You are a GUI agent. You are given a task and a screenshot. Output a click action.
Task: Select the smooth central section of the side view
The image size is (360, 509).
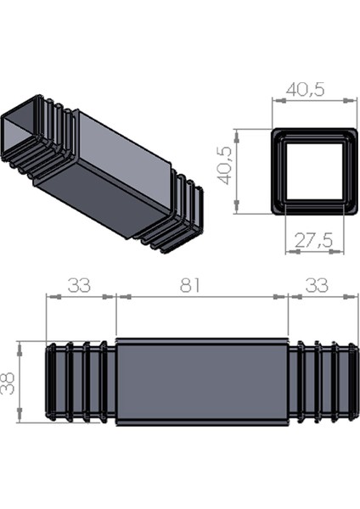point(201,382)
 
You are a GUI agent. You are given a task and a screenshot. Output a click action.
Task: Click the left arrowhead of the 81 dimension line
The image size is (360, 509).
point(120,297)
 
